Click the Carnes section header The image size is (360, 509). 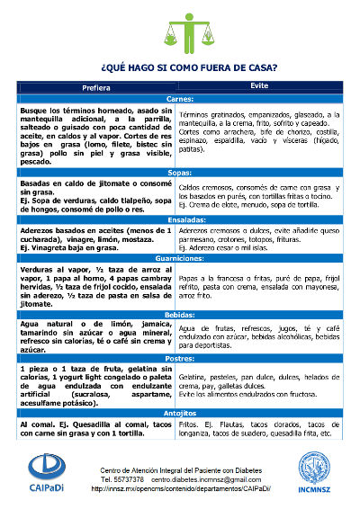pos(179,98)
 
